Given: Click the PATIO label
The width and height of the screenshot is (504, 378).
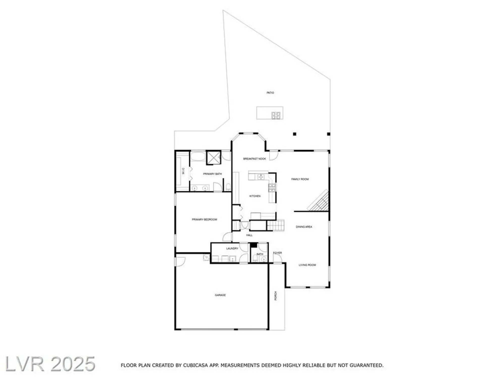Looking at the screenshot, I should pos(270,93).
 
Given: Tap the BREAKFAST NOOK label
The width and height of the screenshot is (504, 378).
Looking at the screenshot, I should pos(254,159).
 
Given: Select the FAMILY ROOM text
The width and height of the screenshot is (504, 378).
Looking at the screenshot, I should pos(300,179).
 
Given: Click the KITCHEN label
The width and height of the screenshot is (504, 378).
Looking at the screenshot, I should pos(255,196).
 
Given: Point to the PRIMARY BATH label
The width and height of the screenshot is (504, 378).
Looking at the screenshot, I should pos(212,174).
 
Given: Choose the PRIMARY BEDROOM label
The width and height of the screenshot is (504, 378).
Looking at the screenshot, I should pos(204,219).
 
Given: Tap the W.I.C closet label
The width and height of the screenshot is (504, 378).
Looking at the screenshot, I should pos(183,171).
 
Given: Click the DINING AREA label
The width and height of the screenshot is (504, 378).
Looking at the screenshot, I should pos(304,227).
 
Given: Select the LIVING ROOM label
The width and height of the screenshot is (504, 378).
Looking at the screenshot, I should pos(307,265).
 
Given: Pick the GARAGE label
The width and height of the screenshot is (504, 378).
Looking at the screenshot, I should pos(220,295).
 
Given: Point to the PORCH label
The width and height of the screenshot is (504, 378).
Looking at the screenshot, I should pos(276,296).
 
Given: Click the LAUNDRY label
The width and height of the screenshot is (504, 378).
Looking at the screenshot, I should pos(232,248).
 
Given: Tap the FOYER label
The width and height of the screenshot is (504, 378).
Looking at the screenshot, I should pos(277,253).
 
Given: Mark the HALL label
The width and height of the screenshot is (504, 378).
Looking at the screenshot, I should pos(249,235).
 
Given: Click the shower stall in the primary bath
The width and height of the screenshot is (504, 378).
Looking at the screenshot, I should pos(213,158).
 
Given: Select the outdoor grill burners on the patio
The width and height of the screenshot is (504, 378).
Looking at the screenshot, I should pos(276,115).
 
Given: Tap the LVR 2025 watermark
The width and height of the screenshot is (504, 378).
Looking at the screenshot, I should pos(50,364).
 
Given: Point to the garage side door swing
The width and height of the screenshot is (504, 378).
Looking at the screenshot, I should pos(180,261).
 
